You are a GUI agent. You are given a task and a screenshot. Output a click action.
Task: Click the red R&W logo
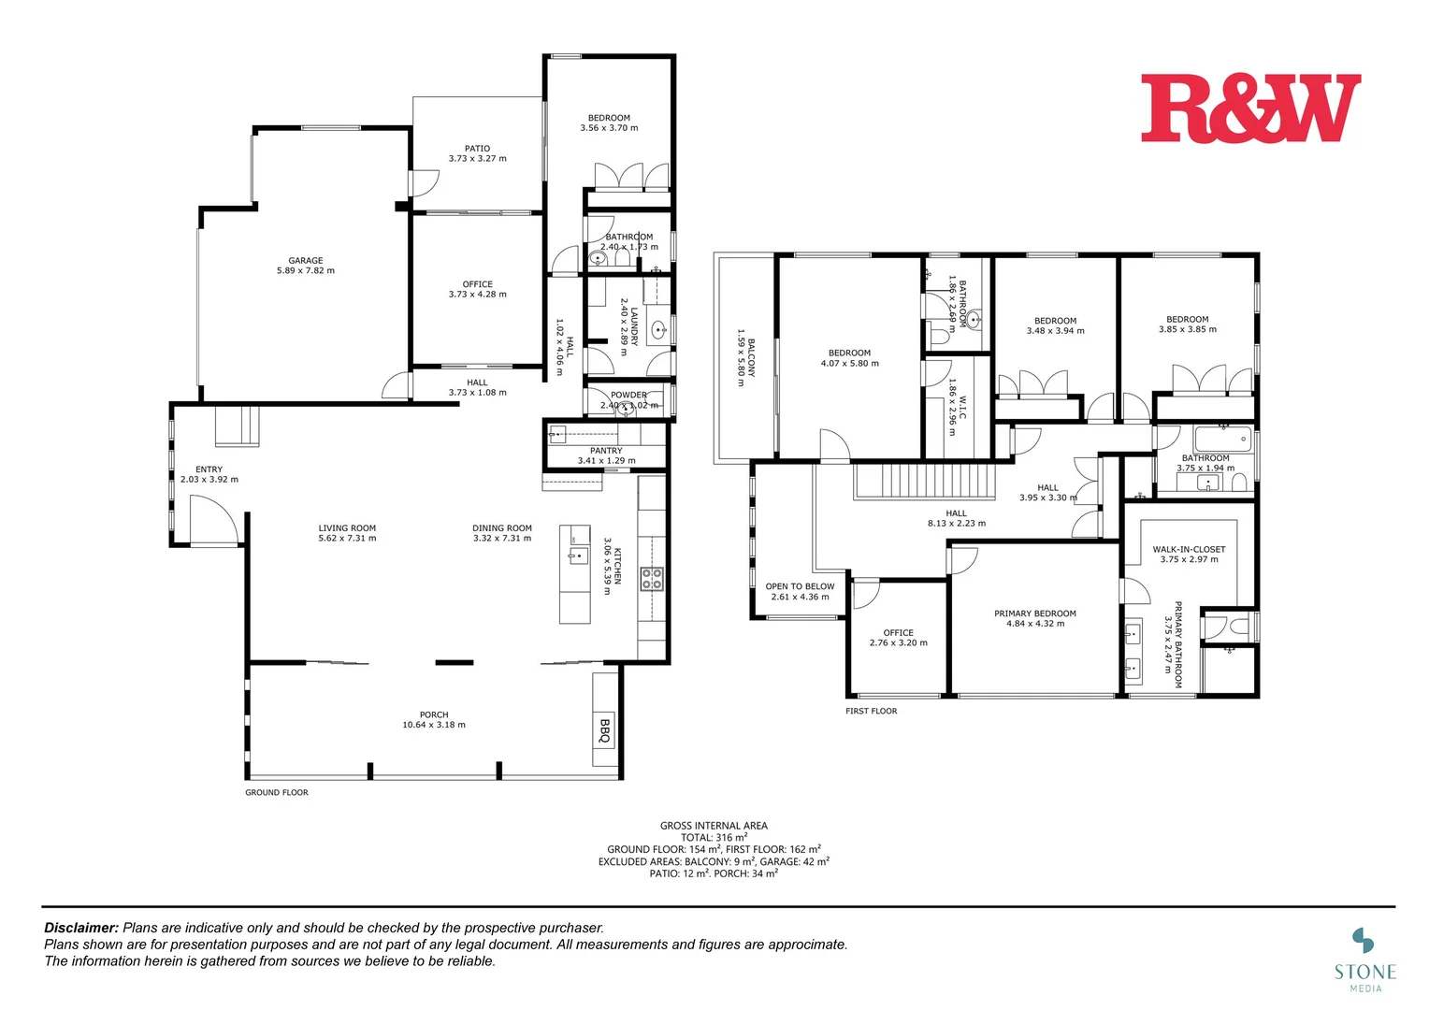(1250, 108)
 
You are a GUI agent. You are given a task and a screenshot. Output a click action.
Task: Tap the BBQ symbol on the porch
(605, 730)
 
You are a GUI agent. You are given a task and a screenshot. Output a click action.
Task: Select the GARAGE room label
(305, 261)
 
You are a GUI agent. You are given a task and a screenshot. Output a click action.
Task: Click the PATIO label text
(477, 149)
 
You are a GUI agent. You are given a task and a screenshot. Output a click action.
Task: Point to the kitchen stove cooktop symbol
(652, 580)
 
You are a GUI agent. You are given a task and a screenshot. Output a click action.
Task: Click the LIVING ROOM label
(347, 528)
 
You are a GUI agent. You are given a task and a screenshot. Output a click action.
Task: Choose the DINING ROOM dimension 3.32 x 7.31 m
(502, 539)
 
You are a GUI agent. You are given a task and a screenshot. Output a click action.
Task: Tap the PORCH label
(434, 714)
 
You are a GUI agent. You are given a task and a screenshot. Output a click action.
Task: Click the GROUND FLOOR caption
(277, 792)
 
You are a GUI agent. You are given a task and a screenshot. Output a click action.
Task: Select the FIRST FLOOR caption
(871, 711)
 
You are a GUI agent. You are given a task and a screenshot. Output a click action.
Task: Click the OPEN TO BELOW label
(800, 586)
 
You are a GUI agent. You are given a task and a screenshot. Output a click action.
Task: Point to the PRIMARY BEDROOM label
(1034, 613)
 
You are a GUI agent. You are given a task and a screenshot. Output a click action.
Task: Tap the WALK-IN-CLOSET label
(1189, 550)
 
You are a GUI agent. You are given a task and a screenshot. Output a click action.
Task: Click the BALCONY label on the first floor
(751, 358)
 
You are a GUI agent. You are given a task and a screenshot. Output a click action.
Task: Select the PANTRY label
(606, 451)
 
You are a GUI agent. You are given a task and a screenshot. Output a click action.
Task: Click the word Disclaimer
(81, 928)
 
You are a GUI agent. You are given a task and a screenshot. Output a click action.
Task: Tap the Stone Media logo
(1364, 959)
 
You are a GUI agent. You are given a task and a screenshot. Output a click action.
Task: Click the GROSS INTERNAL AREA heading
(714, 826)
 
